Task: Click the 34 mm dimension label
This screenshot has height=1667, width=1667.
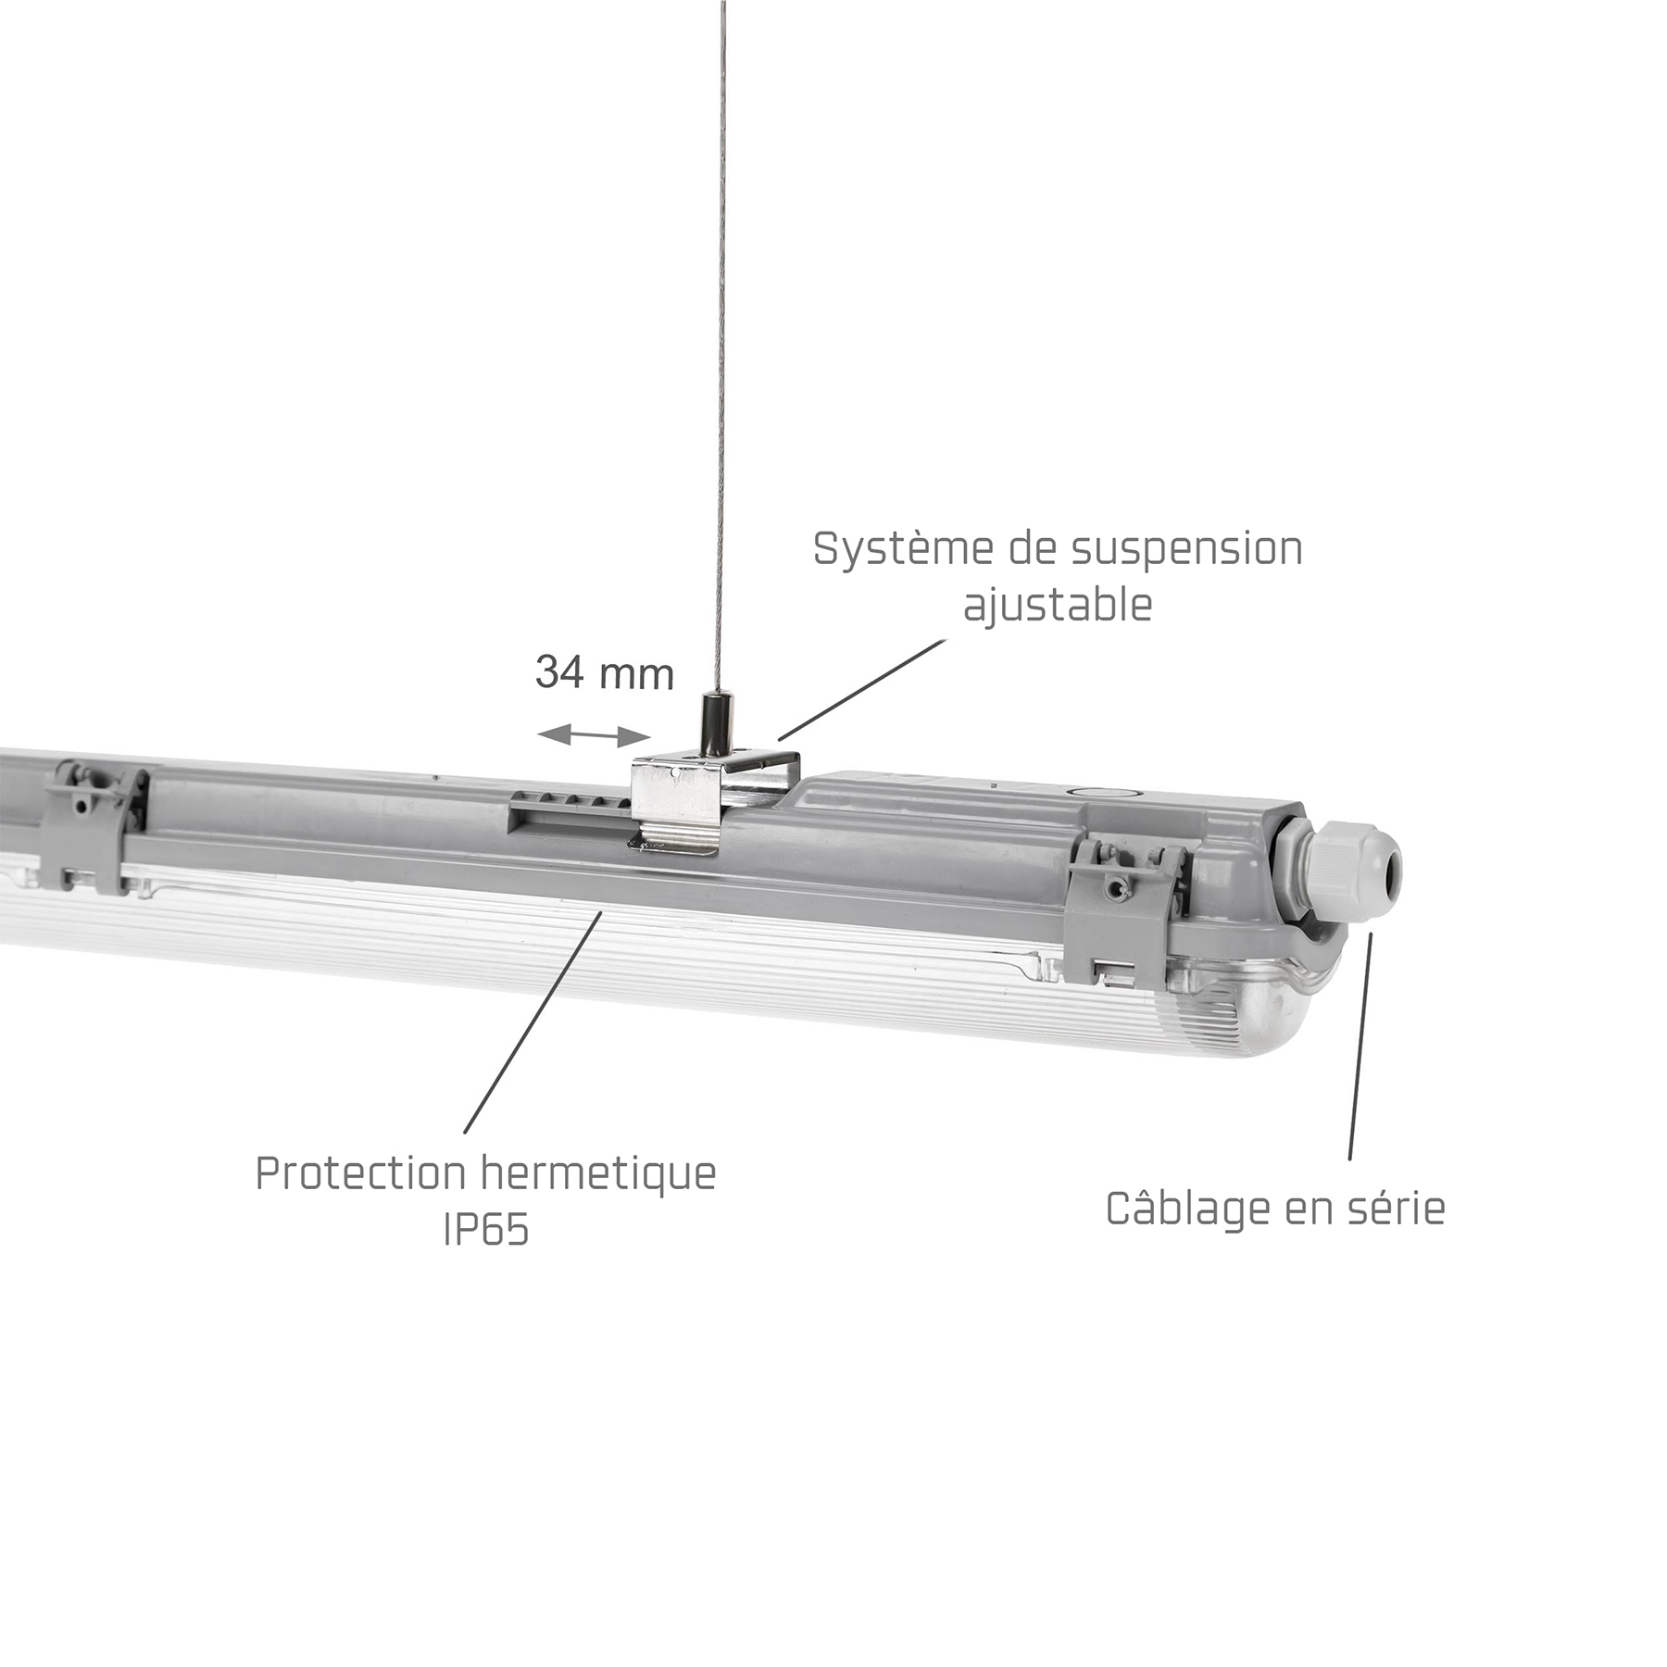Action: (605, 673)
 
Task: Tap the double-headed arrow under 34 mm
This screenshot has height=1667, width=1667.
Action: (594, 735)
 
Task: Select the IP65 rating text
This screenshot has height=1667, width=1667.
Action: (486, 1229)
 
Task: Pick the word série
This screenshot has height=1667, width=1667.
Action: (1396, 1209)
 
